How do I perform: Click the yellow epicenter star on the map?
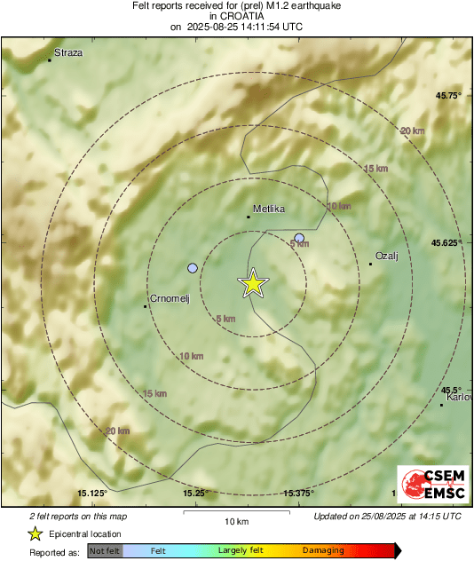253,283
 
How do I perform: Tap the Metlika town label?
268,209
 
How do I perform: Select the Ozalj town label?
387,256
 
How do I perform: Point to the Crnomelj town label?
170,298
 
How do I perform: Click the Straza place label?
68,53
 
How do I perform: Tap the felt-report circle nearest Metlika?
299,238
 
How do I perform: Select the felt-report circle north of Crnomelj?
193,267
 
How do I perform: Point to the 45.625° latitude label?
446,242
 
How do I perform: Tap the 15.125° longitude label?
91,493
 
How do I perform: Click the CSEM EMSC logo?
428,483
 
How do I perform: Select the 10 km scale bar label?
236,521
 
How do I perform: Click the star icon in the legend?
35,533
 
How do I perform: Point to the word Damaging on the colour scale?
323,550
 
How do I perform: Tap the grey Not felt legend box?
104,550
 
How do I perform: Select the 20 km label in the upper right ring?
411,131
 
